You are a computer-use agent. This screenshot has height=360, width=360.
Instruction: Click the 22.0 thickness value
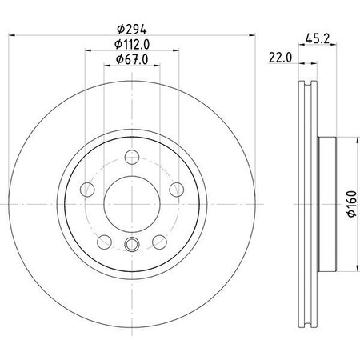[x=278, y=58]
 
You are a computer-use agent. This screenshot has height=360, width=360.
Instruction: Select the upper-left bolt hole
[x=89, y=189]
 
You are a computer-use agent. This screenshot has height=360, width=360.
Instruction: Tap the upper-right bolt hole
[x=175, y=189]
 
